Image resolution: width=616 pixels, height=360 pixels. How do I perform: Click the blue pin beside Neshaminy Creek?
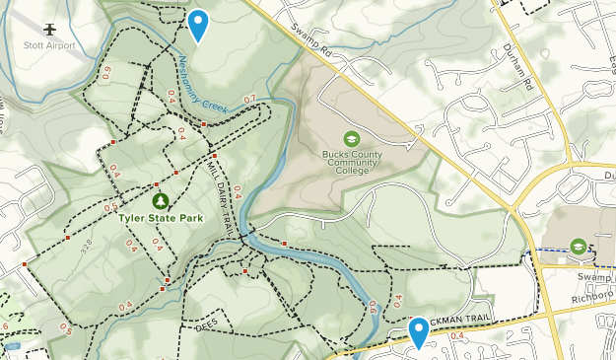(198, 25)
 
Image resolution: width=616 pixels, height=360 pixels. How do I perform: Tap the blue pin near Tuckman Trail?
(419, 331)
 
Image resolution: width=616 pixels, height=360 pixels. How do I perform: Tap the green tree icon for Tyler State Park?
(156, 186)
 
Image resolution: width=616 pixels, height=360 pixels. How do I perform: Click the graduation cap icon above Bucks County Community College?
(351, 138)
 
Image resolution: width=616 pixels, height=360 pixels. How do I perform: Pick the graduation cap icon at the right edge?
(579, 246)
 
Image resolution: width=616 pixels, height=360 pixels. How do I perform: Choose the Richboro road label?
(593, 294)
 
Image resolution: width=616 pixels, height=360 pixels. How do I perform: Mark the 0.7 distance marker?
(249, 99)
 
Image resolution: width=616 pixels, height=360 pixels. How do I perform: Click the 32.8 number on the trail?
(90, 243)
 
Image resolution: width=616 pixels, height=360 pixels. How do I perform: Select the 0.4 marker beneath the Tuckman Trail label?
(456, 336)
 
